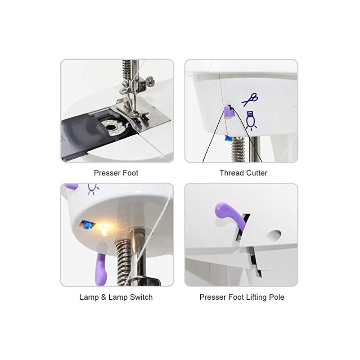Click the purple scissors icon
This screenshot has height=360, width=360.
point(250,99)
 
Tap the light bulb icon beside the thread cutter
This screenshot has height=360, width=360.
point(251,120)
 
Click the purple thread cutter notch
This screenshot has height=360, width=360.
point(229,111)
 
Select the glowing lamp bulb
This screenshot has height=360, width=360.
point(104,229)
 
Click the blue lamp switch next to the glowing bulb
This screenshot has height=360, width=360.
point(86,225)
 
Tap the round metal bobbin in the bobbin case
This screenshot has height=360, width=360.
point(113,127)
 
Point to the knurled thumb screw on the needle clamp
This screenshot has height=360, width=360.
point(150,81)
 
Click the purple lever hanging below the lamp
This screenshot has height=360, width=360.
point(101,269)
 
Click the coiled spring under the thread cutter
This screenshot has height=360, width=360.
point(238,149)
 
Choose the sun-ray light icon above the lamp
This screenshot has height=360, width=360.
point(93,189)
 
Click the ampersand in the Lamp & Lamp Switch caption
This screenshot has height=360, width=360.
point(103,297)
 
